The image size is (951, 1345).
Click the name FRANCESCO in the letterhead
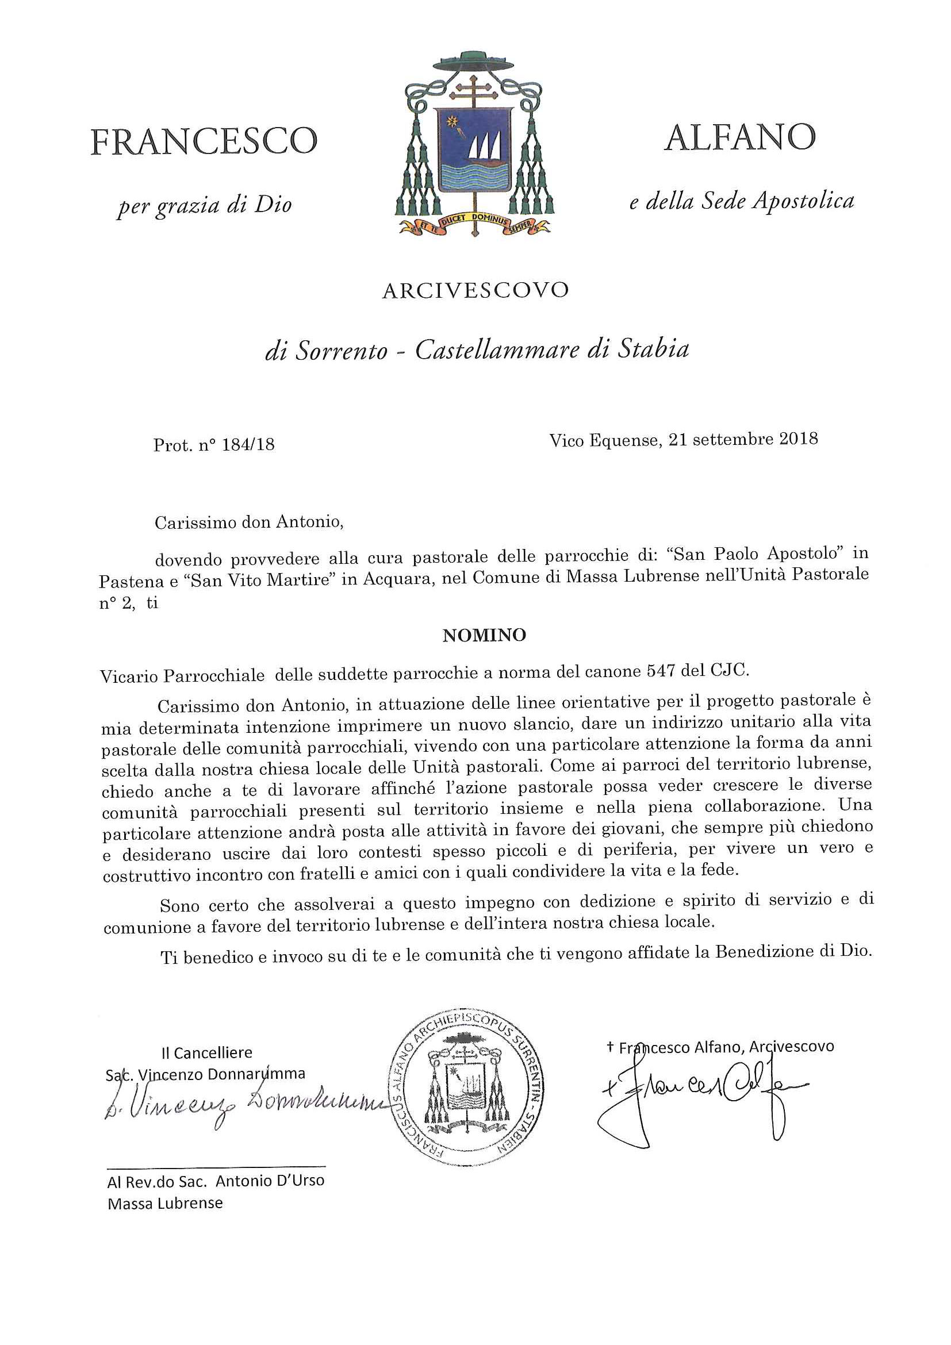coord(204,143)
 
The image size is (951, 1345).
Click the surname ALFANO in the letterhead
coord(739,138)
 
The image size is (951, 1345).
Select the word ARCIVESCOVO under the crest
coord(475,291)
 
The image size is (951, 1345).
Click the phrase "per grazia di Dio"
coord(205,206)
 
